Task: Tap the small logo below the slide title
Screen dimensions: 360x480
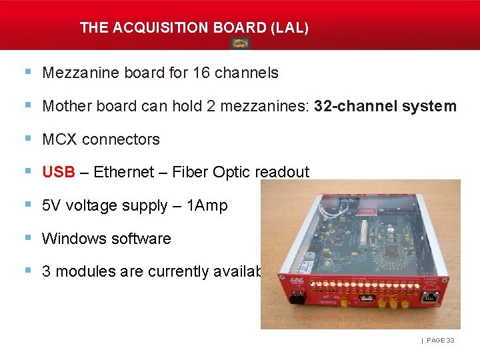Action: (240, 43)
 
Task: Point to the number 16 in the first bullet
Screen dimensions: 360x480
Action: (201, 73)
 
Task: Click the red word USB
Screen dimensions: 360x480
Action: (59, 172)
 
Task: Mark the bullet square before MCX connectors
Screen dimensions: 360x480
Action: (27, 139)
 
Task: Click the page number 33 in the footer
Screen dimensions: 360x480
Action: (450, 341)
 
